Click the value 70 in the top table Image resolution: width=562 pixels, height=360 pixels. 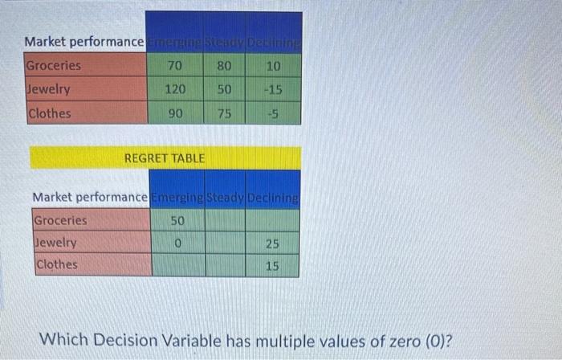[x=175, y=65]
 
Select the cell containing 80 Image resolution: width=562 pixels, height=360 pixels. [x=224, y=65]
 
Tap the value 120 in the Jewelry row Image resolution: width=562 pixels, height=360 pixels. [x=175, y=89]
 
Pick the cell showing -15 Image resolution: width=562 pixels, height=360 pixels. [x=274, y=89]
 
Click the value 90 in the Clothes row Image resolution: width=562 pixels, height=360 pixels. [x=175, y=113]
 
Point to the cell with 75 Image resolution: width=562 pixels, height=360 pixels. [x=224, y=113]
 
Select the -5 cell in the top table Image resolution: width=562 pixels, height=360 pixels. [x=274, y=113]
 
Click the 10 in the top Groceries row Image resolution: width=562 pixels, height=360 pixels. [x=274, y=65]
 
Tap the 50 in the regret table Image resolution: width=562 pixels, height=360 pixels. [x=177, y=220]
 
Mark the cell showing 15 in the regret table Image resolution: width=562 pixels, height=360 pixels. [x=273, y=264]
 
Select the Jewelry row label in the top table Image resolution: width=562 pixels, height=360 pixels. [x=49, y=89]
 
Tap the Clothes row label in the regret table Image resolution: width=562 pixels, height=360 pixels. [x=56, y=264]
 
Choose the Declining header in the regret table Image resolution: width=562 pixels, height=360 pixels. [x=274, y=197]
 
